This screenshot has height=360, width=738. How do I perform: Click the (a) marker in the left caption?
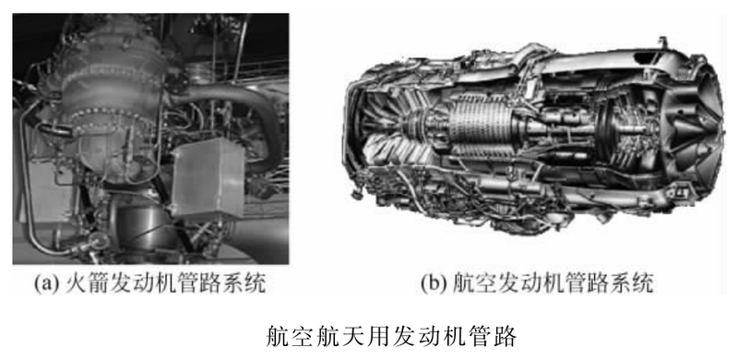pos(47,283)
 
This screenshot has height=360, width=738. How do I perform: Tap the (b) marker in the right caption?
pos(434,283)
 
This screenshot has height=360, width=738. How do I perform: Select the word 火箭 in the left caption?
pos(80,283)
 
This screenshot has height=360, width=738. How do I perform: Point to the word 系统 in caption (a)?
pos(249,283)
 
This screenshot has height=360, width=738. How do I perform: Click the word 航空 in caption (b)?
pos(468,283)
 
